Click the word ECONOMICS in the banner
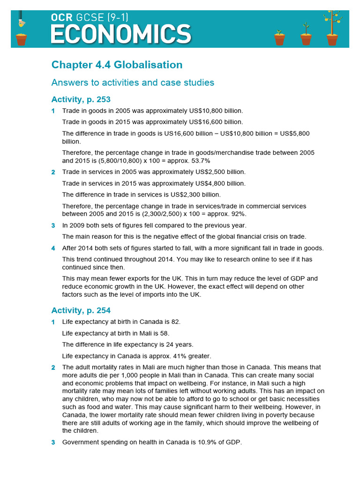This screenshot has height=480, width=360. pyautogui.click(x=120, y=35)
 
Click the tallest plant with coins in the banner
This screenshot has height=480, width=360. pyautogui.click(x=332, y=28)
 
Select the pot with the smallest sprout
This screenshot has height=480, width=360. pyautogui.click(x=280, y=38)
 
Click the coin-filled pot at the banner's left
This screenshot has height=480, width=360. pyautogui.click(x=21, y=38)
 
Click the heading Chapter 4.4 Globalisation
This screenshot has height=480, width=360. pyautogui.click(x=117, y=65)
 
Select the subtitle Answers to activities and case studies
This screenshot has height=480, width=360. pyautogui.click(x=133, y=82)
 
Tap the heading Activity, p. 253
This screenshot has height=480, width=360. pyautogui.click(x=81, y=99)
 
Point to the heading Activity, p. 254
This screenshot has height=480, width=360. pyautogui.click(x=81, y=310)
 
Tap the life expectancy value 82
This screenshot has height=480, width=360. pyautogui.click(x=175, y=322)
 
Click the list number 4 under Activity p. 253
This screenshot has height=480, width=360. pyautogui.click(x=53, y=248)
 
